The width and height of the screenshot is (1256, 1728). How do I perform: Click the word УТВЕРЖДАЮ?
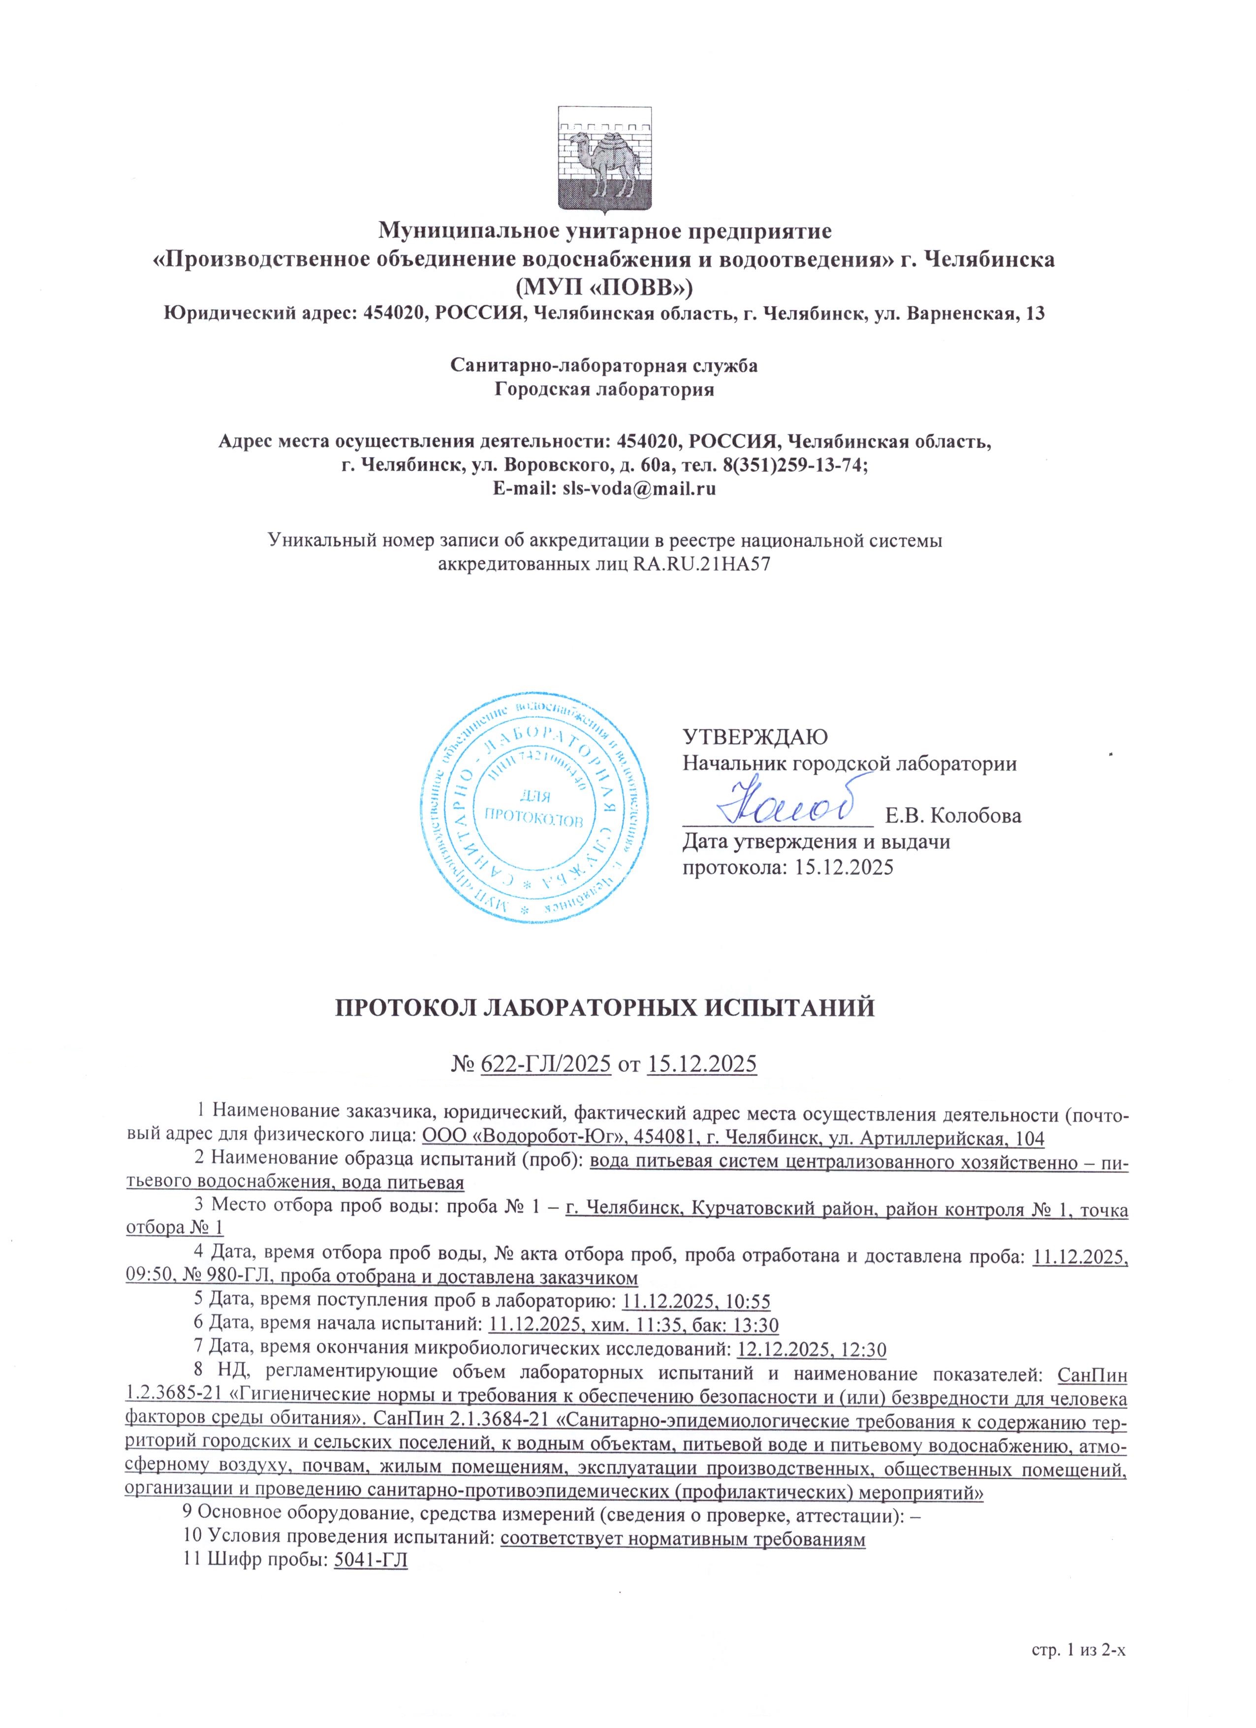point(754,737)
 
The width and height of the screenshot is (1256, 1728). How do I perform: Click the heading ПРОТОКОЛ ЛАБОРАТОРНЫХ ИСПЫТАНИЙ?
point(605,1008)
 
